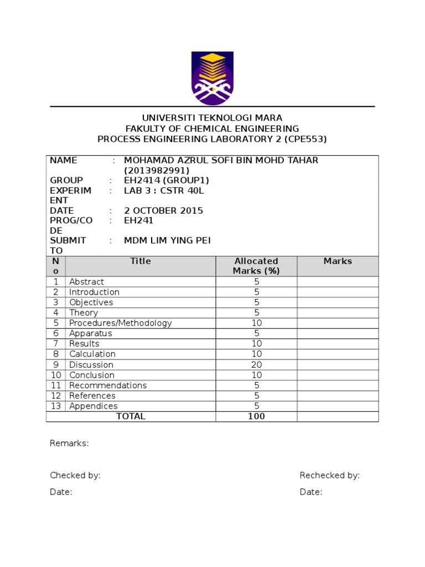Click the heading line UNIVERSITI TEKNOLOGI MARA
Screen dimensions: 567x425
212,118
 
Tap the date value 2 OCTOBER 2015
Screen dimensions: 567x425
163,210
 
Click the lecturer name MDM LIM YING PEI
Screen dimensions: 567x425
167,240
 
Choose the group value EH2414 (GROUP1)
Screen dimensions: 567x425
167,181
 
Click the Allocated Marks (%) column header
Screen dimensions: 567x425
256,266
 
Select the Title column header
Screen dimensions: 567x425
141,261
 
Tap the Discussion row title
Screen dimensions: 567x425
91,365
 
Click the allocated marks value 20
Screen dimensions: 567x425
256,365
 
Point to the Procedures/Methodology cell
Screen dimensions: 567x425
121,323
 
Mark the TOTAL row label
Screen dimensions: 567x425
131,416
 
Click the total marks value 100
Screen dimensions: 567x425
256,416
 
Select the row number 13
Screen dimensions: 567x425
56,406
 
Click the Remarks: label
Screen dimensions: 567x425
69,444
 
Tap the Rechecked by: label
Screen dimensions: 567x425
330,476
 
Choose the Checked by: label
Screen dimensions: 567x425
75,476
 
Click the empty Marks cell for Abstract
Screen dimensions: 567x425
338,282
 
